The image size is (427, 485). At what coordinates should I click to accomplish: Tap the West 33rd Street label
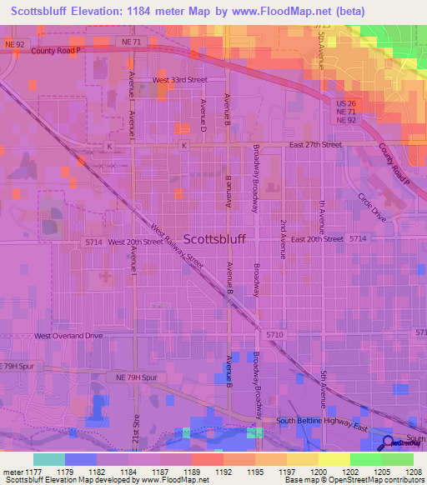tap(179, 80)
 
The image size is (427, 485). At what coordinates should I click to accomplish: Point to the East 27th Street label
tap(316, 144)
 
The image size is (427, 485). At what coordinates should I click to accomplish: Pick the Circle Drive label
tap(372, 207)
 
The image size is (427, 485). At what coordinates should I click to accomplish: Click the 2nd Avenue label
tap(284, 240)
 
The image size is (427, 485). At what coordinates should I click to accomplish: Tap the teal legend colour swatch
tap(49, 459)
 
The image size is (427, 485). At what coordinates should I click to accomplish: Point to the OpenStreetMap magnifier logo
tap(389, 442)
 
